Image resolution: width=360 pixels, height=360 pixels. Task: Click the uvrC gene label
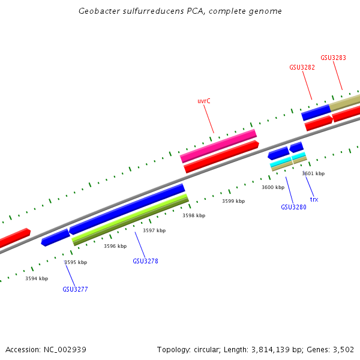(204, 101)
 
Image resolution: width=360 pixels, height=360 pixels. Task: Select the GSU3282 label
(302, 68)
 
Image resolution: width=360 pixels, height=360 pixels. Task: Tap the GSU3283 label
(333, 58)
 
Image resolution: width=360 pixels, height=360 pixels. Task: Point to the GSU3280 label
(293, 207)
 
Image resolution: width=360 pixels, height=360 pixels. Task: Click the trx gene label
(314, 199)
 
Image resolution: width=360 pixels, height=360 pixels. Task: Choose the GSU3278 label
(145, 261)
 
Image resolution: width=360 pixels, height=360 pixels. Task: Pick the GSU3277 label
(75, 289)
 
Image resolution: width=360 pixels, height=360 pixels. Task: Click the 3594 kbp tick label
(37, 278)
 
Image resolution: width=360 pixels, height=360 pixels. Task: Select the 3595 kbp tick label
(76, 262)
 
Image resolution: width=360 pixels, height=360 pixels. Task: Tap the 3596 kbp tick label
(115, 246)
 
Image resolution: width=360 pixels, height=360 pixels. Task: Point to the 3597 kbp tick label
(154, 230)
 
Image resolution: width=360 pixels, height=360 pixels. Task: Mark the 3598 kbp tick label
(194, 215)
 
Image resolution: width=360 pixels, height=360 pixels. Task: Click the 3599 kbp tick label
(233, 201)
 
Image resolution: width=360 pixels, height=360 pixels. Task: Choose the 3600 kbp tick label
(273, 187)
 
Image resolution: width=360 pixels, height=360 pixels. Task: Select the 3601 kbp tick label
(313, 173)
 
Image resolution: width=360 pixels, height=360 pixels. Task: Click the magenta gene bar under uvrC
(218, 145)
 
